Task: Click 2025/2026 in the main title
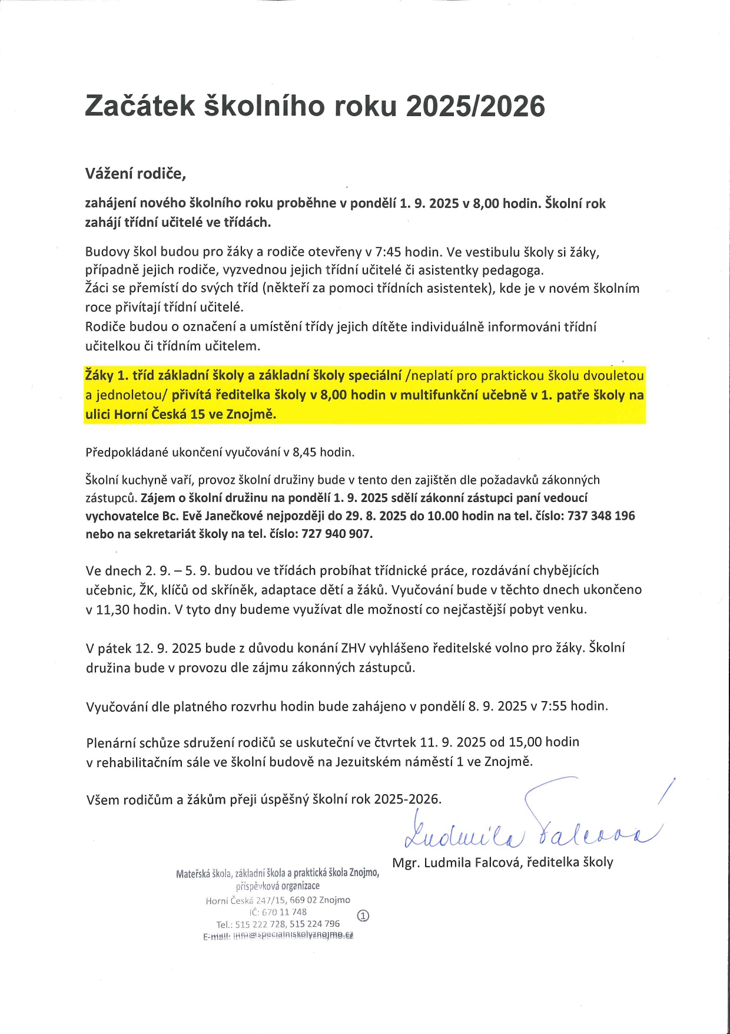click(476, 107)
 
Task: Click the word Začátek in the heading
click(140, 107)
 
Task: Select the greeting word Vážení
click(109, 174)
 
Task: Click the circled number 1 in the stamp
click(363, 916)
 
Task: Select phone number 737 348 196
click(601, 516)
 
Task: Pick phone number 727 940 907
click(337, 534)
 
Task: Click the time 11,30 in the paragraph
click(112, 609)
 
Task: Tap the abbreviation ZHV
click(353, 648)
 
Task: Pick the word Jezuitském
click(367, 761)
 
